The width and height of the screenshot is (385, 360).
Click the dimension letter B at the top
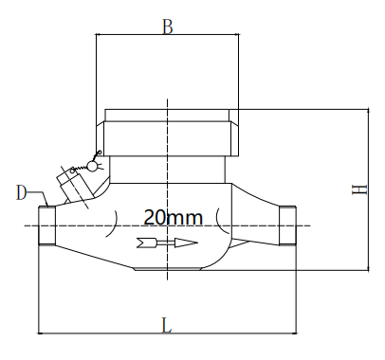pyautogui.click(x=167, y=27)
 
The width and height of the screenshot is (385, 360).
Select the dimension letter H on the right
pyautogui.click(x=358, y=189)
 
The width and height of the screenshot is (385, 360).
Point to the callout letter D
pyautogui.click(x=22, y=192)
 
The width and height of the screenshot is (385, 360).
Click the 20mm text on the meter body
pyautogui.click(x=174, y=217)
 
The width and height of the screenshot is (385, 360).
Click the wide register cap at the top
pyautogui.click(x=167, y=133)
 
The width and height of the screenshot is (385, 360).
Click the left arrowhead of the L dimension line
pyautogui.click(x=42, y=333)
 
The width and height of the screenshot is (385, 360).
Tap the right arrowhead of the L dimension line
pyautogui.click(x=295, y=333)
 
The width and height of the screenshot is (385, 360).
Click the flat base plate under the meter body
pyautogui.click(x=167, y=269)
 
